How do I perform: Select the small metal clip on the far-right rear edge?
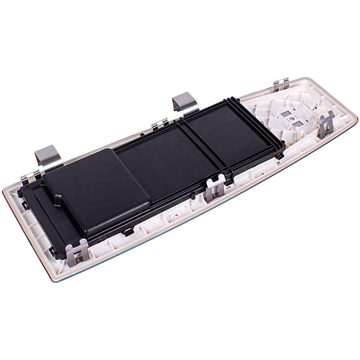click(281, 85)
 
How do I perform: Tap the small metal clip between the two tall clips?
click(160, 125)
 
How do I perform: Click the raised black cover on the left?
click(96, 192)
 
